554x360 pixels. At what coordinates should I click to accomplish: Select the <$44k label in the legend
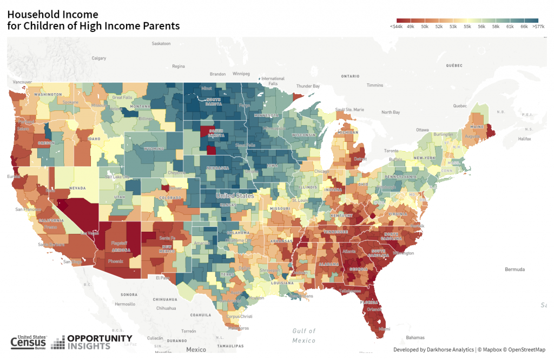coord(396,26)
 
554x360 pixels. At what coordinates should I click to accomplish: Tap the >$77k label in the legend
coord(538,26)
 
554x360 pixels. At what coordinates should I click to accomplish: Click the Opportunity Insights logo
coord(92,342)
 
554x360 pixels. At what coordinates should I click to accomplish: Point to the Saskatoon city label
coord(161,43)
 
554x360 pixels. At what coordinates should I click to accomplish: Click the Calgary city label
coord(99,58)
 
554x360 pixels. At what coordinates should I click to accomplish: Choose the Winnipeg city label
coord(241,73)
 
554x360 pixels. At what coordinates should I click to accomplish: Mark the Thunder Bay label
coord(308,86)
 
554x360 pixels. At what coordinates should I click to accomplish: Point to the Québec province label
coord(454,65)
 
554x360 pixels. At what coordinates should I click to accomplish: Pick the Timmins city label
coord(374,86)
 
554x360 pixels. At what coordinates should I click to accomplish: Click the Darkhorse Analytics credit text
coord(433,350)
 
